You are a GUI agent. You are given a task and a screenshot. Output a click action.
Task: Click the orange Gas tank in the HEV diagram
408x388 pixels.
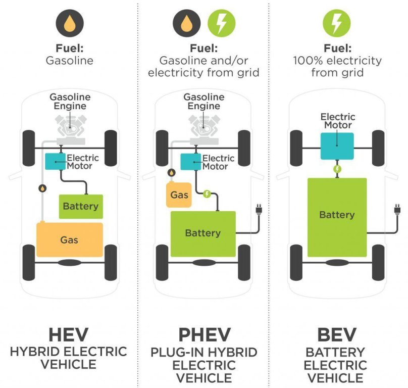(x=70, y=240)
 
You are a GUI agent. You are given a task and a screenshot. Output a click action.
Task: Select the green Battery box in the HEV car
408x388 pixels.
(x=81, y=207)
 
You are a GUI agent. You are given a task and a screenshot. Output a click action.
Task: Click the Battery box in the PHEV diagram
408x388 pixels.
(x=203, y=233)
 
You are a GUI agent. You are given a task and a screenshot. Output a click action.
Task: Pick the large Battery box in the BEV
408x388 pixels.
(x=337, y=216)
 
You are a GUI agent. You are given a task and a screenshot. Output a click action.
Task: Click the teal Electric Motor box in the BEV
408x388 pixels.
(x=337, y=146)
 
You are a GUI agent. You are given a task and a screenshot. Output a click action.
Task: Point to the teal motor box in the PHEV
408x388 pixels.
(x=191, y=161)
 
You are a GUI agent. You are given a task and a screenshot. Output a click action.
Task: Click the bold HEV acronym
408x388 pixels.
(x=69, y=334)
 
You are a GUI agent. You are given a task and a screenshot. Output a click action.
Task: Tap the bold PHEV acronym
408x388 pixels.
(x=204, y=334)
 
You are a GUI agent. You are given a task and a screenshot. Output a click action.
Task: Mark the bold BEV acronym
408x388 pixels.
(x=337, y=334)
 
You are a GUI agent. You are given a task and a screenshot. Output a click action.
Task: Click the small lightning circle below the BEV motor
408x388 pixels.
(x=337, y=169)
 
